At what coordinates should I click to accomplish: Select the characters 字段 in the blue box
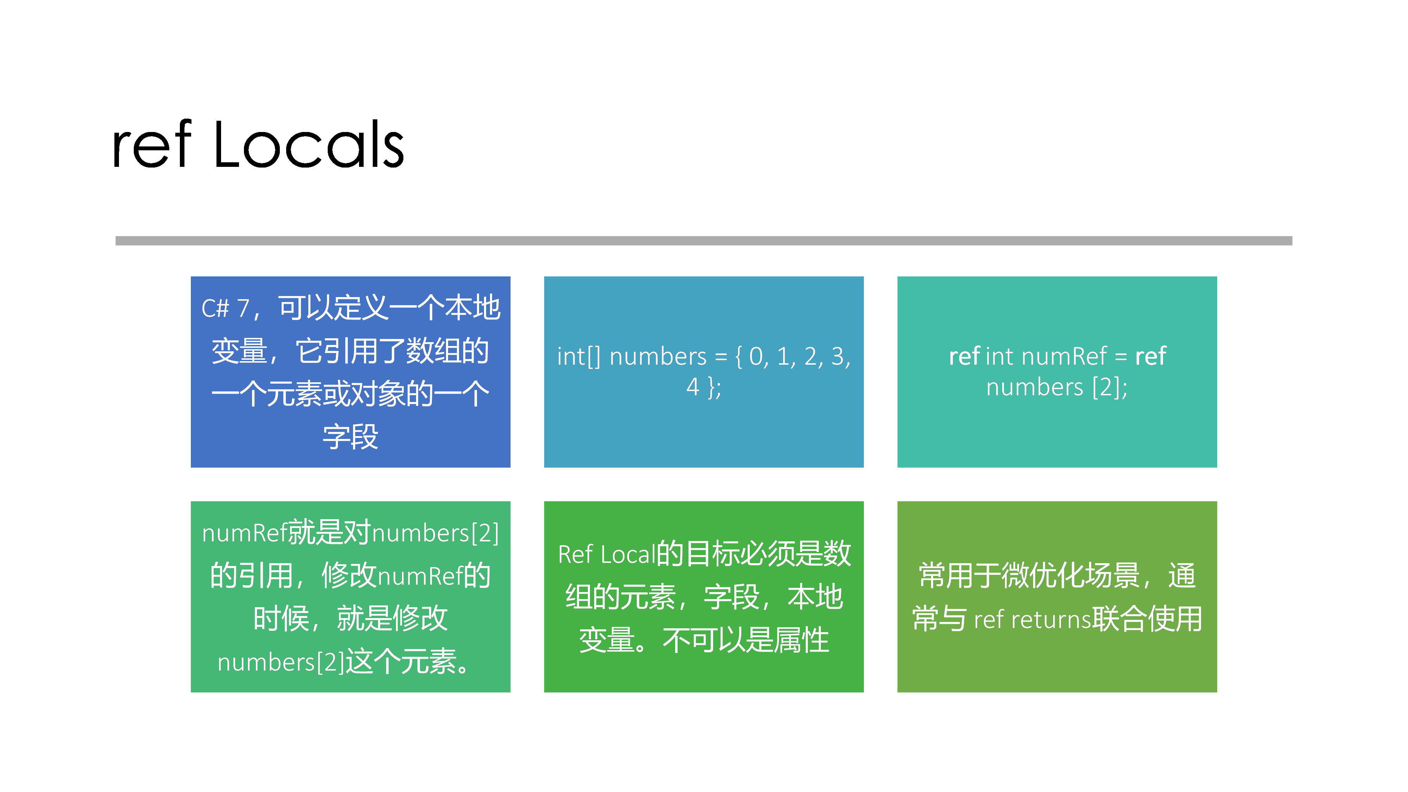[x=350, y=437]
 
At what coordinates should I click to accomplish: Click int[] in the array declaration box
[x=579, y=356]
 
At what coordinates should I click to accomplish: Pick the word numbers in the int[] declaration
[x=658, y=356]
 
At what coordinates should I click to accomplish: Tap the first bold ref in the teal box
[x=964, y=356]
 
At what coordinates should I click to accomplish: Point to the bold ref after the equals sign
[x=1151, y=356]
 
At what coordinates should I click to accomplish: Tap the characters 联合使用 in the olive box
[x=1147, y=619]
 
